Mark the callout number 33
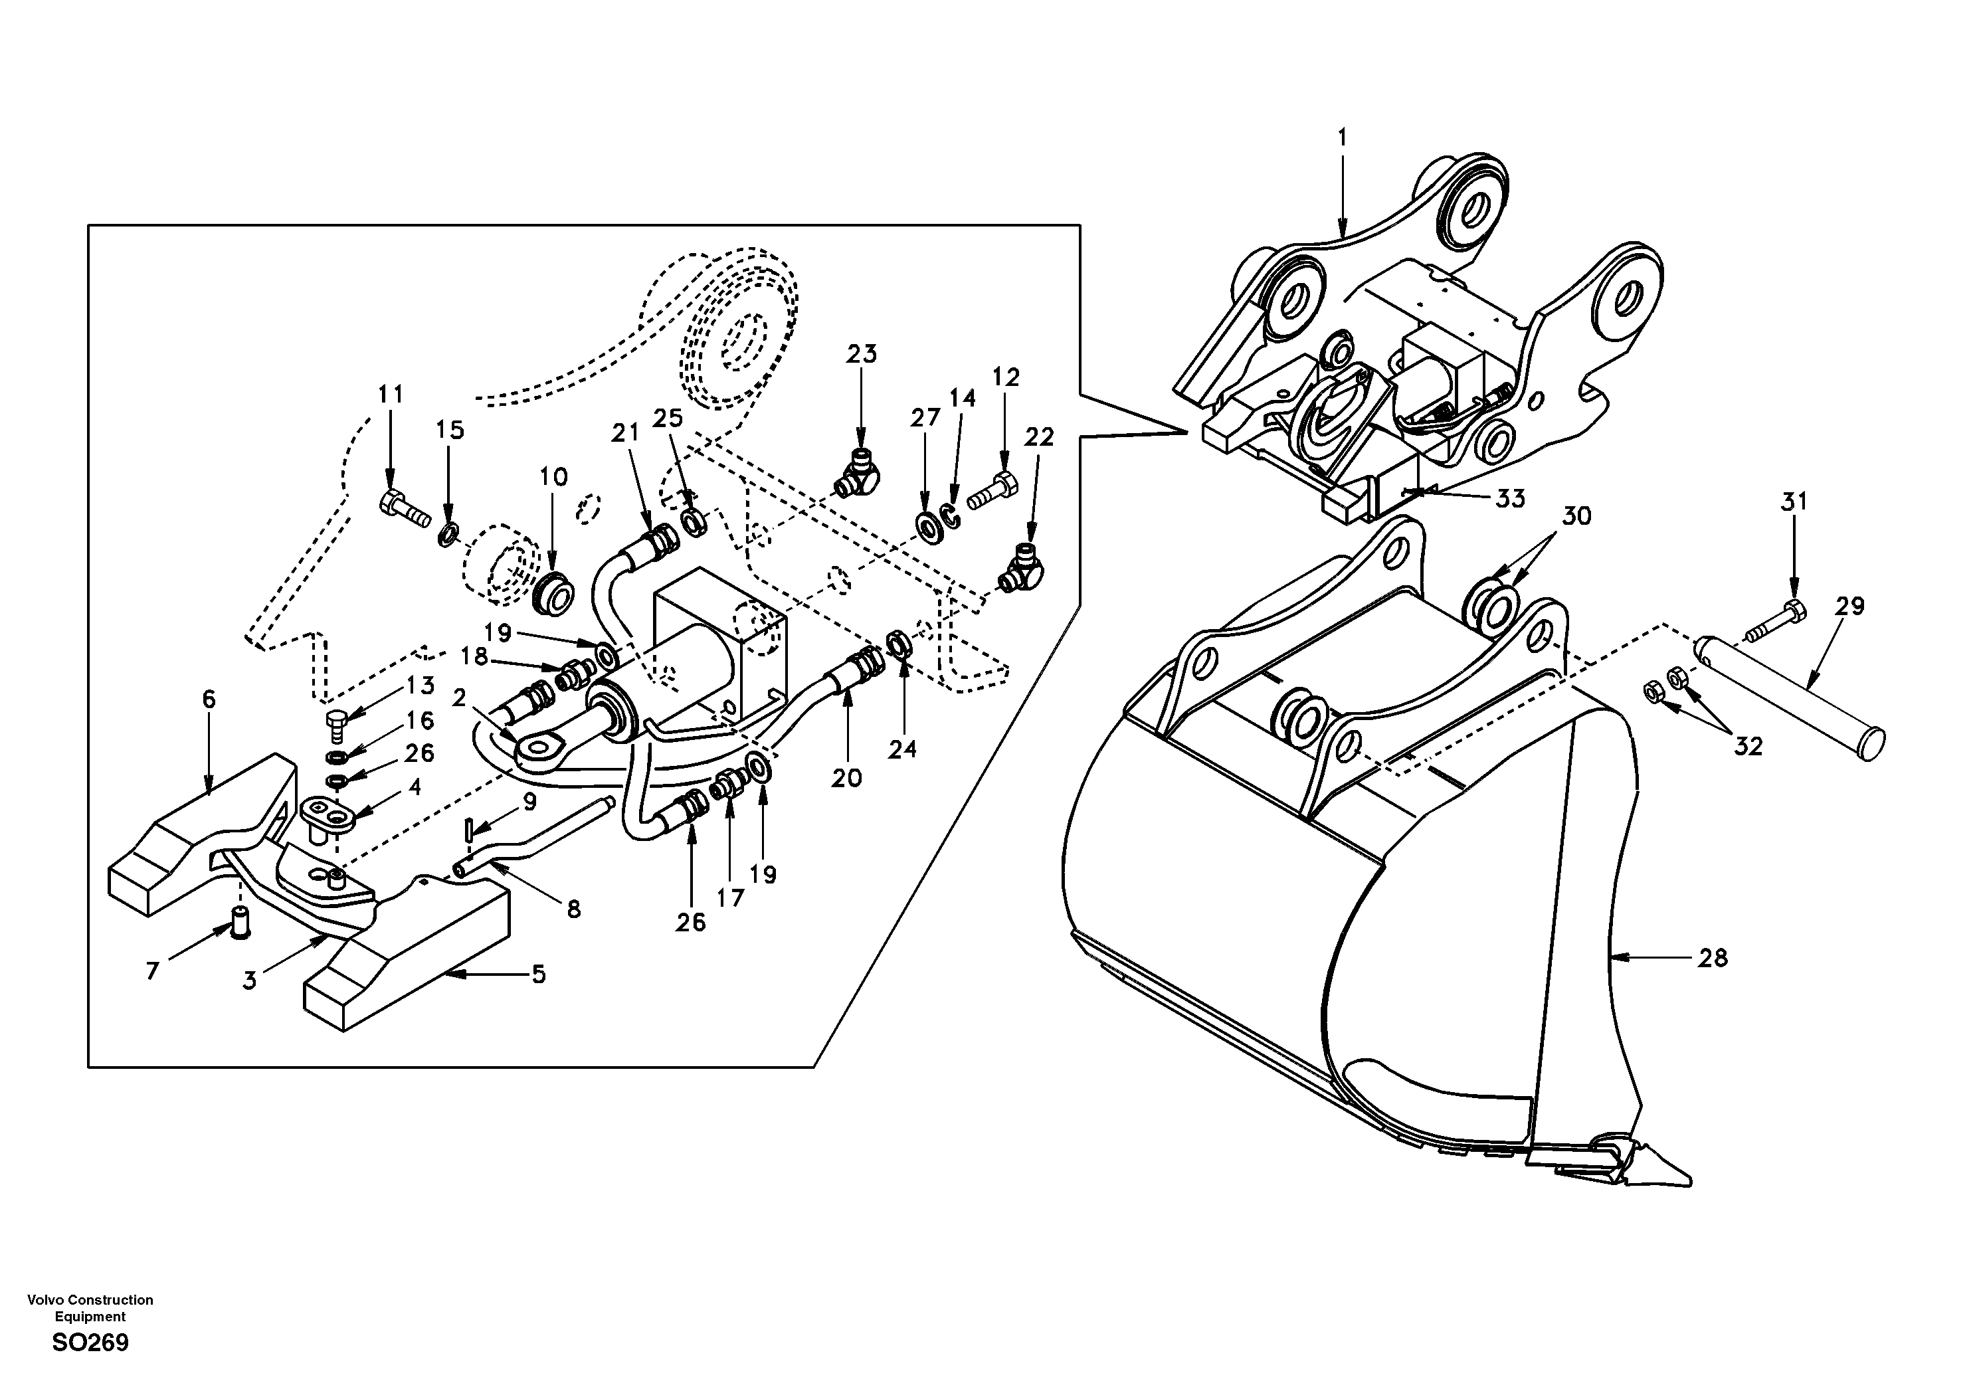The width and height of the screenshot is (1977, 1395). [1509, 499]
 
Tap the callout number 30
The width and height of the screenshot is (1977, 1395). [1576, 517]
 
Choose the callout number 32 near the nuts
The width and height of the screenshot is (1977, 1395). [1748, 746]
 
